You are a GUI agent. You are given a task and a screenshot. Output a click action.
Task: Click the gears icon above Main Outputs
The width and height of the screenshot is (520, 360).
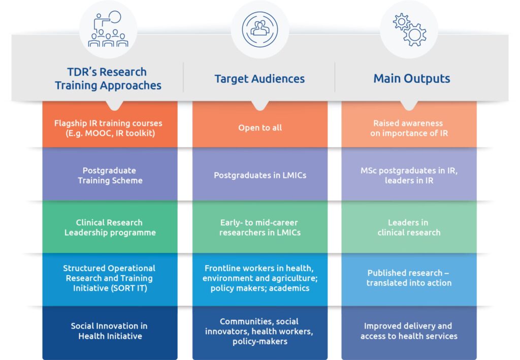(x=409, y=29)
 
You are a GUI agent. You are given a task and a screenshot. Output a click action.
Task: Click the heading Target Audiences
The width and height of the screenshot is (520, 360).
(x=259, y=79)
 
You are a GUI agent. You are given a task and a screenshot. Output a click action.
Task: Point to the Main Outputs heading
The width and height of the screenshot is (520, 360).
(x=411, y=79)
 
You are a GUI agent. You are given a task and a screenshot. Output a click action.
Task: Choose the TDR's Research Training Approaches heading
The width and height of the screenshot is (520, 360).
(x=108, y=79)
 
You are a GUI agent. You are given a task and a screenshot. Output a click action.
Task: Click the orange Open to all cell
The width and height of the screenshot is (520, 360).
(x=260, y=127)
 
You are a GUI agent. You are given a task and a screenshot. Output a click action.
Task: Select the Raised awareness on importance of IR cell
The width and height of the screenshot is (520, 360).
(x=408, y=127)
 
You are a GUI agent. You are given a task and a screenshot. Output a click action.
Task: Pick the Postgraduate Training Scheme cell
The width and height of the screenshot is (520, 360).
(x=110, y=175)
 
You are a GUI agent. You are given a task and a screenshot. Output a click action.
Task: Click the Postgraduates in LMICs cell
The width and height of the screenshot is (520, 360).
(x=260, y=175)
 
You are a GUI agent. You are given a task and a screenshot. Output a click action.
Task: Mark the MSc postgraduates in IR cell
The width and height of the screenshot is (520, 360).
(x=409, y=175)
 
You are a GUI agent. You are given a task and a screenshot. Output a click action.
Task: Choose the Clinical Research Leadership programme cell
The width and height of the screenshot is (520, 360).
(x=110, y=227)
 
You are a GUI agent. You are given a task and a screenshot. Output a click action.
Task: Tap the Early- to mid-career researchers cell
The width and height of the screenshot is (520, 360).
(x=260, y=227)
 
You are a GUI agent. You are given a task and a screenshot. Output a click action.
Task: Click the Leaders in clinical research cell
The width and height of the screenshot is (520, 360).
(x=409, y=227)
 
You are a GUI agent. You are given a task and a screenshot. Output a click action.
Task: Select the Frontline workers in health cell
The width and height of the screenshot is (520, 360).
(x=260, y=278)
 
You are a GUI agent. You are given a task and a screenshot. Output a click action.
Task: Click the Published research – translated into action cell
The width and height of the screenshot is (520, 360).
(x=409, y=278)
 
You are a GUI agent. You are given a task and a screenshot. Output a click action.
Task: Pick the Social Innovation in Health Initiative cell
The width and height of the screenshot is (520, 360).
(x=110, y=331)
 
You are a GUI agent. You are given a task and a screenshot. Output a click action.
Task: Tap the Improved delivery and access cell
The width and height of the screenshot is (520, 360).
(x=409, y=331)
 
